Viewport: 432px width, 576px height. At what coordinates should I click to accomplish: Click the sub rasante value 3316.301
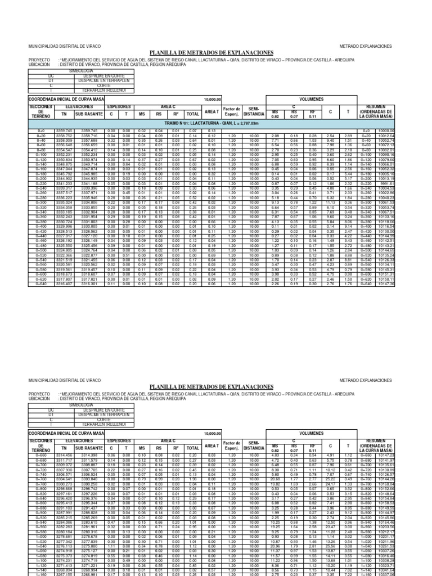(89, 284)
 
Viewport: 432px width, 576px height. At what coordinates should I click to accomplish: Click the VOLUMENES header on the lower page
(316, 434)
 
